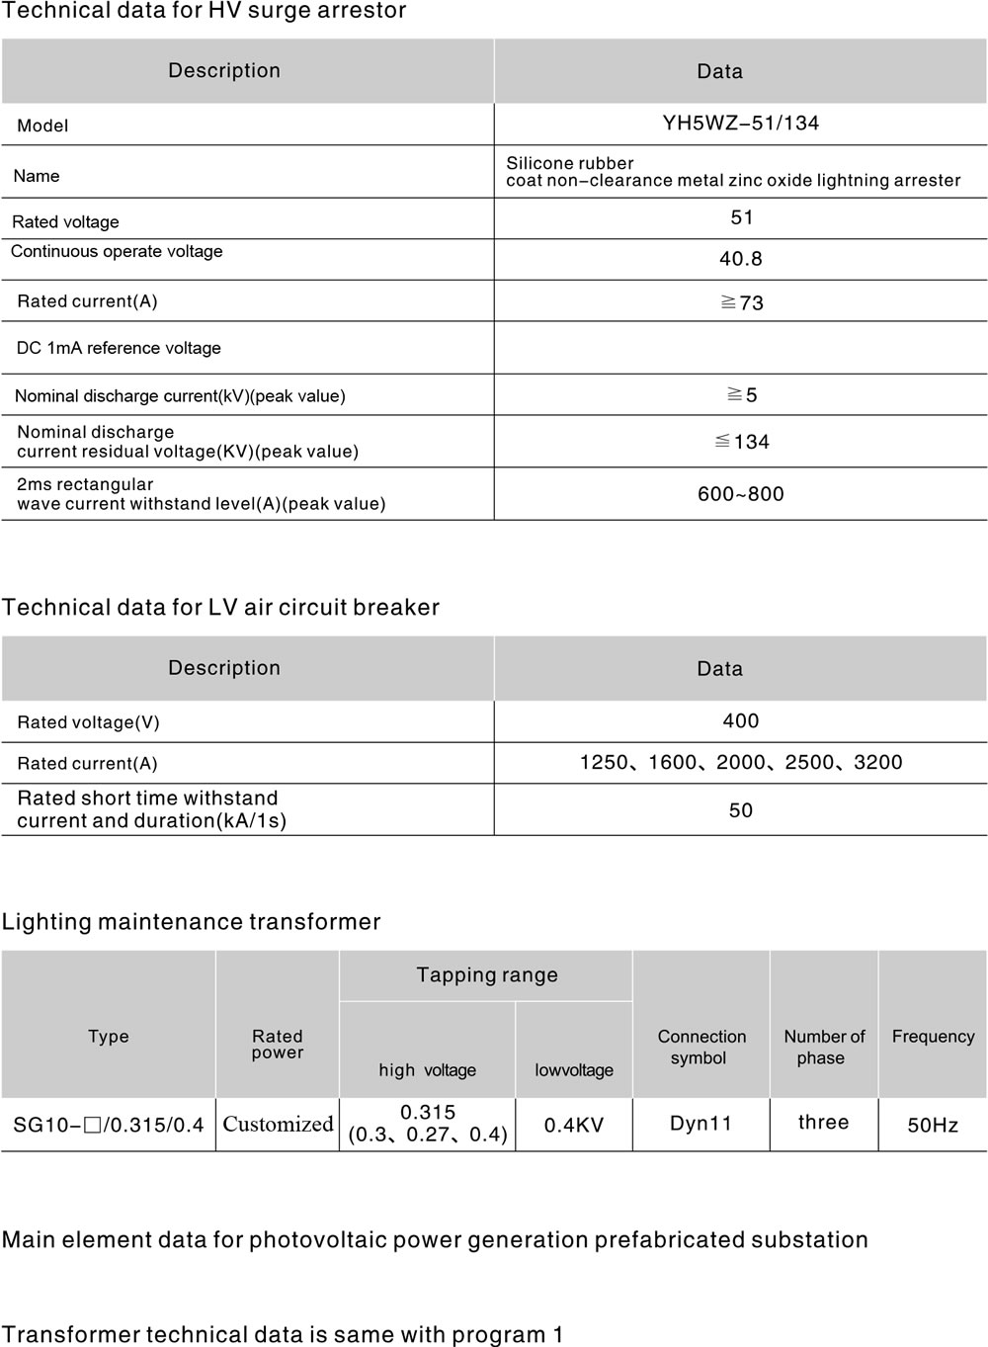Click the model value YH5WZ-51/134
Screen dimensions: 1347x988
click(740, 124)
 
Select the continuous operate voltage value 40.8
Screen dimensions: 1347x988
click(740, 259)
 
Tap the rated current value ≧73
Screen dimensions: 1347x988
click(742, 302)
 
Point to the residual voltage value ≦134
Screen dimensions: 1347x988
click(742, 442)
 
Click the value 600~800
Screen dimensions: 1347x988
click(740, 494)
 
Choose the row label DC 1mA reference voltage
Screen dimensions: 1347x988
click(119, 348)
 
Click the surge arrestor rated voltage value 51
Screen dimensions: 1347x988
click(742, 217)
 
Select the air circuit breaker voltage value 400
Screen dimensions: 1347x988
click(740, 721)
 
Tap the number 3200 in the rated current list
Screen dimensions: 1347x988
click(877, 762)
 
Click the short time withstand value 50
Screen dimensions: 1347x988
click(740, 810)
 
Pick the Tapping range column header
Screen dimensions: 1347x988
click(487, 975)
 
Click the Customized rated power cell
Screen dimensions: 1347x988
click(278, 1124)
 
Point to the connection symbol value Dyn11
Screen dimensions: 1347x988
click(700, 1124)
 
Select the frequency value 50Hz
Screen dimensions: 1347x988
click(933, 1125)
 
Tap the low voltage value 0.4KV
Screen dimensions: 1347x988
click(573, 1125)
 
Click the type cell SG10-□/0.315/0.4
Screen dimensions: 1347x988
click(109, 1125)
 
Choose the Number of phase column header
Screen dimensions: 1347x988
click(823, 1047)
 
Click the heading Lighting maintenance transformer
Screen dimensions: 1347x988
click(191, 922)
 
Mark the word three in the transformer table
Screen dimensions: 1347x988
click(823, 1122)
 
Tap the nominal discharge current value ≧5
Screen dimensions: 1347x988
click(742, 395)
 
